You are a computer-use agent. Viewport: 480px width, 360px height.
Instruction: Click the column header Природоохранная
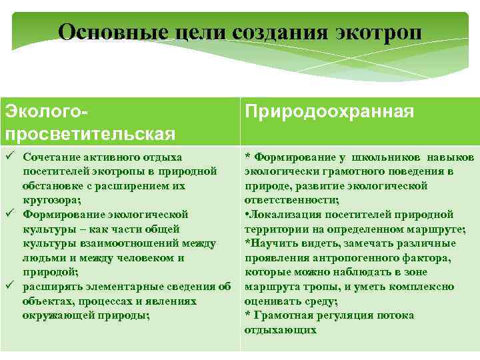[329, 111]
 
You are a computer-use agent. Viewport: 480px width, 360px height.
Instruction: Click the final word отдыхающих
[280, 330]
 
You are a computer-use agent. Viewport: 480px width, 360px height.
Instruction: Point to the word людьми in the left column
[42, 258]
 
